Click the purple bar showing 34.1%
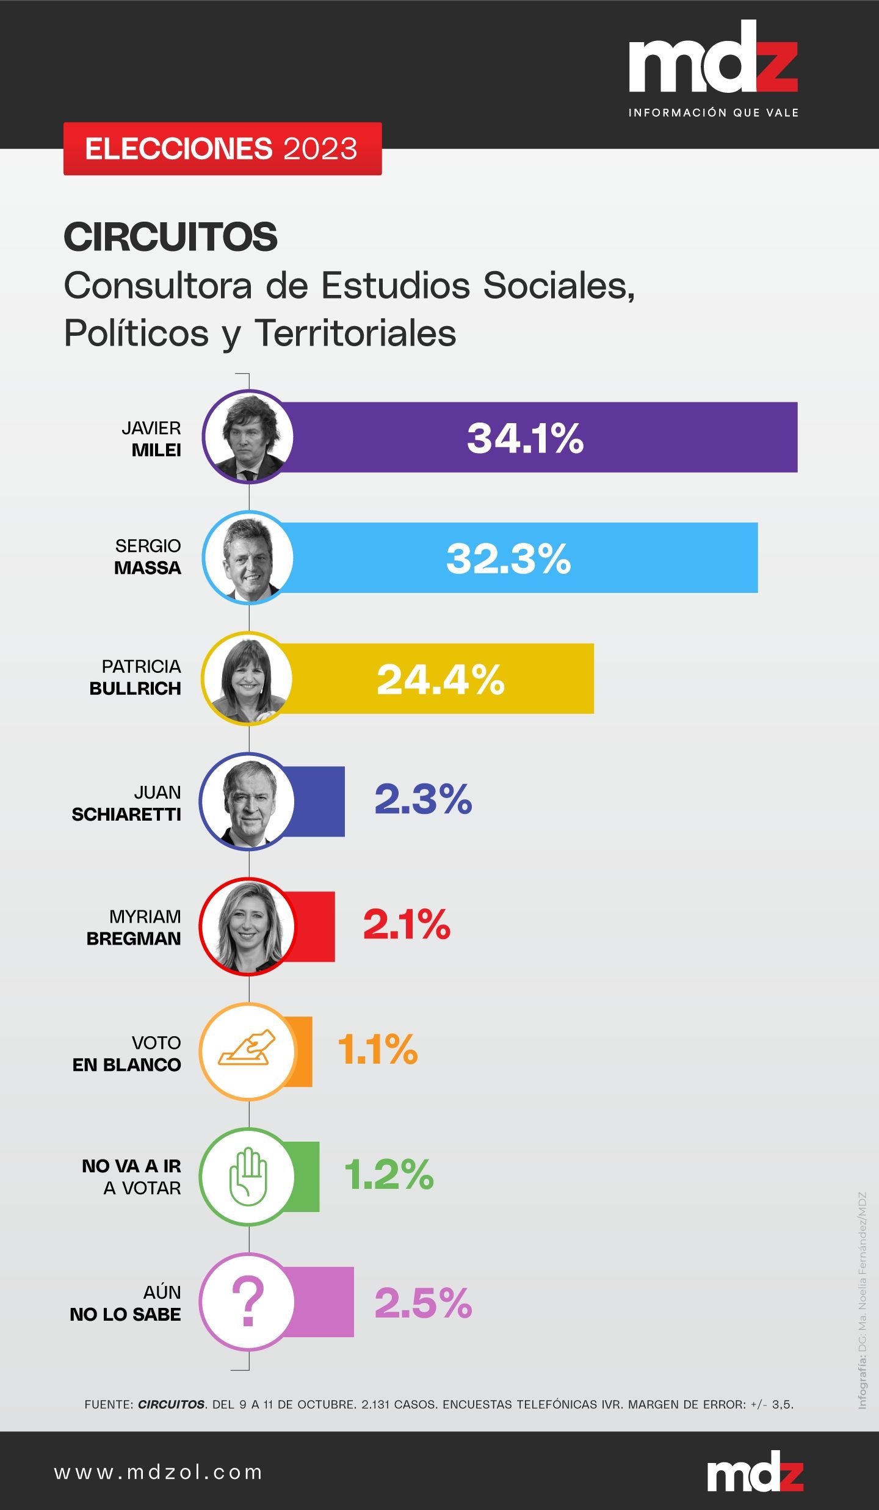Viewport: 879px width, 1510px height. [537, 437]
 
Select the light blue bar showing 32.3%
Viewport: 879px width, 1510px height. [519, 557]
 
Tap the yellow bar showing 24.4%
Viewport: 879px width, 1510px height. [440, 678]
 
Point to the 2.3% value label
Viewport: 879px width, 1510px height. [423, 799]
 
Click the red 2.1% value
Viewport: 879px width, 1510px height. [407, 924]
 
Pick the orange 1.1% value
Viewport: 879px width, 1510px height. [378, 1050]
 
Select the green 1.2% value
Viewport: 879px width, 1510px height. [389, 1175]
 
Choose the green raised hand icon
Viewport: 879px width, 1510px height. [248, 1176]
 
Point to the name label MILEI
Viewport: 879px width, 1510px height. [156, 451]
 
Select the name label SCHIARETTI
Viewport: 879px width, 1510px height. [126, 815]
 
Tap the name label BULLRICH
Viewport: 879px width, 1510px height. [135, 689]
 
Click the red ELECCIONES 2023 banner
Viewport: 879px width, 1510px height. [222, 149]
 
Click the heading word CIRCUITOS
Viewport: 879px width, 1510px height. [170, 237]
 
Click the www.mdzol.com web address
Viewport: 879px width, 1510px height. [158, 1472]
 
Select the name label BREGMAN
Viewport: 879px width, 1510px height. [134, 938]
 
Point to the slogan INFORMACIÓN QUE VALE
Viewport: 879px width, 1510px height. [713, 112]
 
